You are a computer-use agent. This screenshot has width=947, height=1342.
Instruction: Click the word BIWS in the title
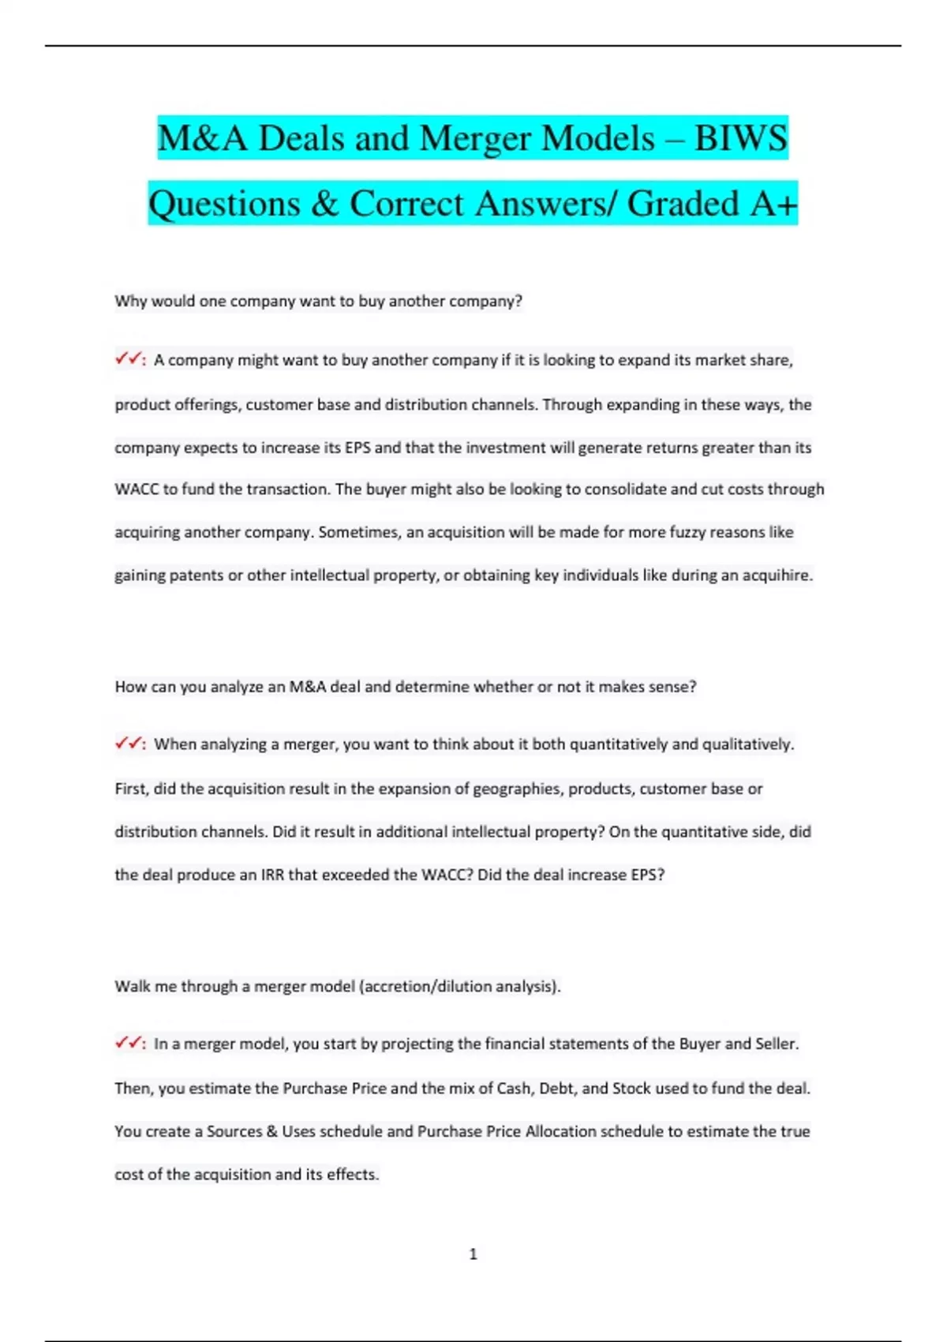point(740,138)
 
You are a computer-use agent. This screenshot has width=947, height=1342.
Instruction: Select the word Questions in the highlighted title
point(225,204)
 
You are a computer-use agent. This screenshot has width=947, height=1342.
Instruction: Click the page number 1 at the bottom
point(473,1254)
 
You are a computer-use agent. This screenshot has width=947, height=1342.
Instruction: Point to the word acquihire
point(777,575)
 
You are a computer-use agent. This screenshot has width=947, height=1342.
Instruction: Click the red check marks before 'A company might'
point(129,359)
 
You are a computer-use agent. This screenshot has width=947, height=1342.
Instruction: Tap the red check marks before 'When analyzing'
point(129,744)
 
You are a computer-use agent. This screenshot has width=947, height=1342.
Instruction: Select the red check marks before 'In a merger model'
point(129,1043)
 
